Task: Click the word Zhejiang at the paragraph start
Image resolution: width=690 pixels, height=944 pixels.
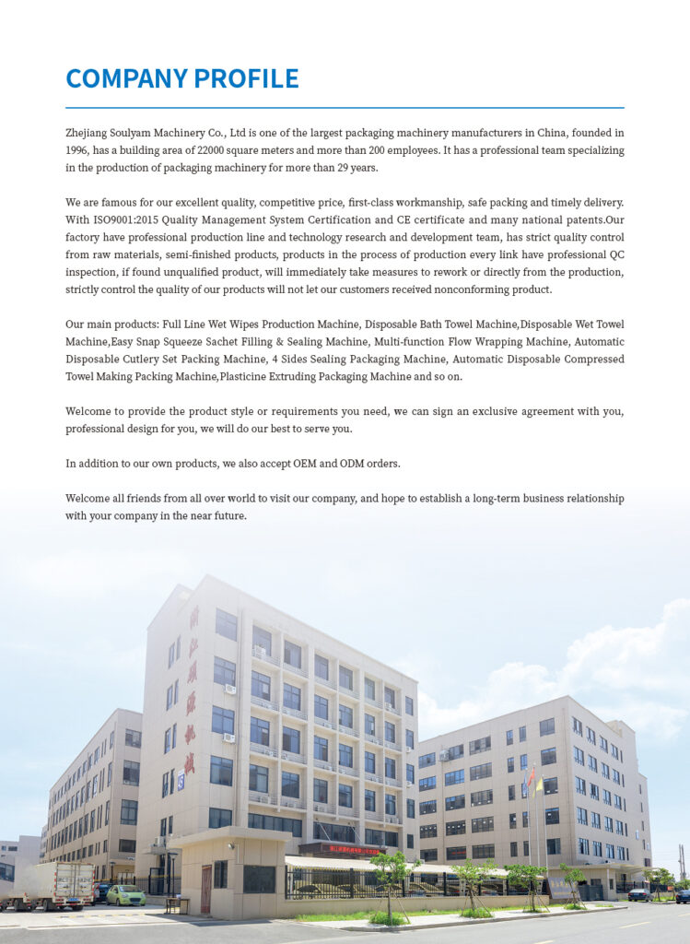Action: pyautogui.click(x=88, y=133)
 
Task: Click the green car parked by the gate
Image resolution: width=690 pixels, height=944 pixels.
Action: pyautogui.click(x=125, y=895)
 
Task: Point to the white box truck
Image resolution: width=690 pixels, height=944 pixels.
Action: pyautogui.click(x=53, y=885)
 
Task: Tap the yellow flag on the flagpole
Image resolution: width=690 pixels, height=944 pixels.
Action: pyautogui.click(x=539, y=785)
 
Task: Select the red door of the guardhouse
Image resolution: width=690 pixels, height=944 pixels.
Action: pyautogui.click(x=206, y=887)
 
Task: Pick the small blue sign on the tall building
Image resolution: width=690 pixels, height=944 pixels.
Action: pyautogui.click(x=181, y=782)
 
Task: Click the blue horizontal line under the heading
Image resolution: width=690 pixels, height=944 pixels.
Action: pyautogui.click(x=345, y=108)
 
